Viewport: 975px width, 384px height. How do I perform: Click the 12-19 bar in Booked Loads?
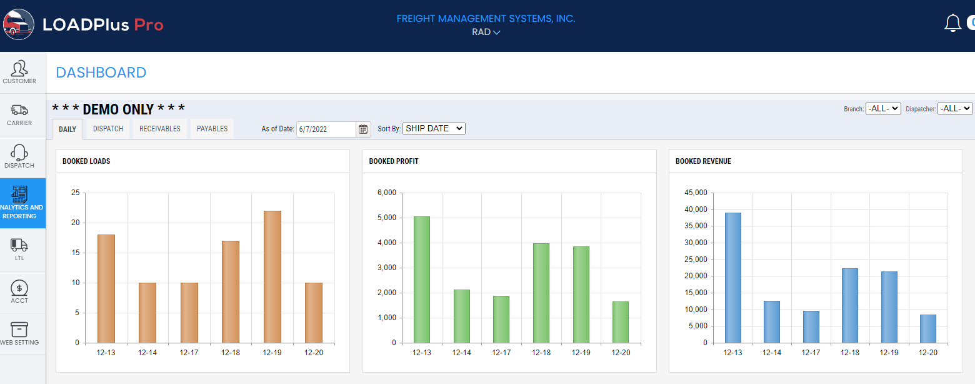pos(272,276)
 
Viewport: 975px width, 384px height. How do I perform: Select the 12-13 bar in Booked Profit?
pos(422,280)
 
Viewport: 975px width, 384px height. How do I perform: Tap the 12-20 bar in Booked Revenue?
pos(928,328)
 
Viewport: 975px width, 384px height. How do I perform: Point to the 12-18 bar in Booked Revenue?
pos(850,305)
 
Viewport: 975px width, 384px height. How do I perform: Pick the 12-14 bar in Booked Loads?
pos(147,313)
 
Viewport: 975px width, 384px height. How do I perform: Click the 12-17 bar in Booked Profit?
pos(501,319)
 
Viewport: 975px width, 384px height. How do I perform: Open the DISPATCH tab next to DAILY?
pos(108,129)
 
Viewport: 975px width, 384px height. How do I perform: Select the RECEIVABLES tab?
pos(160,129)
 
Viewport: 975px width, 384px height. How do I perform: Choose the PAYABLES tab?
pos(212,129)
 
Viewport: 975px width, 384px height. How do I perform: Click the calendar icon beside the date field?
pos(363,129)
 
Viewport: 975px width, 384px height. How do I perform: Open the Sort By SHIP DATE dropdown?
pos(434,128)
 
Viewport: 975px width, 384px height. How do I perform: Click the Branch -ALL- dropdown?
pos(883,108)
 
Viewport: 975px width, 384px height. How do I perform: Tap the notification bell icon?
pos(952,23)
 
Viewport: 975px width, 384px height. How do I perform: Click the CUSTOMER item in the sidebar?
pos(19,72)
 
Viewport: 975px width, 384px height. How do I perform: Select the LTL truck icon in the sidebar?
pos(19,249)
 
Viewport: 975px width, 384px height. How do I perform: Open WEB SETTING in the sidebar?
pos(19,334)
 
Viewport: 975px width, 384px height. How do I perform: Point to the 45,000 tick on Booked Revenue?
pos(696,193)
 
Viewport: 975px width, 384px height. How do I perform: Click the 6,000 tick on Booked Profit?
pos(387,193)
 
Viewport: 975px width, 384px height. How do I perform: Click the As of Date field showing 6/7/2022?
pos(325,129)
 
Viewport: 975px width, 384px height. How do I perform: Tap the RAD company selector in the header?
pos(486,32)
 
